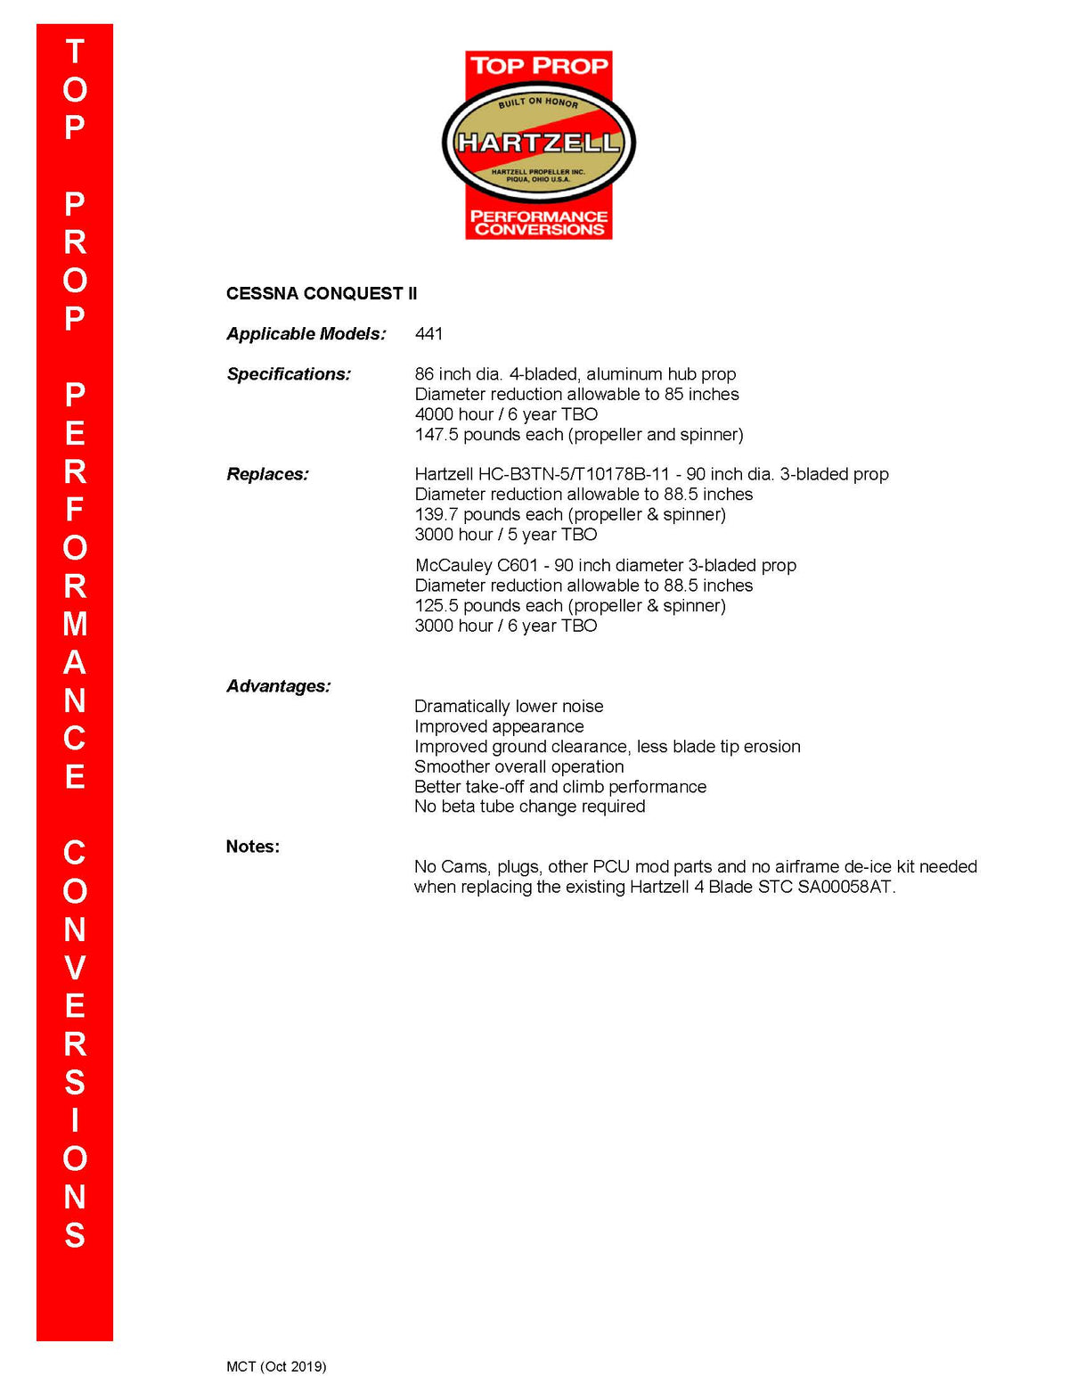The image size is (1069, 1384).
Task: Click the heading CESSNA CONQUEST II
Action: tap(322, 293)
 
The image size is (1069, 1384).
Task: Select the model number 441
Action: tap(428, 333)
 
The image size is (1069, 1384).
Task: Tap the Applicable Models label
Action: tap(306, 333)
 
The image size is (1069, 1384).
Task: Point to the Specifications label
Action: tap(289, 374)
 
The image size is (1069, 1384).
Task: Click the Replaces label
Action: tap(267, 474)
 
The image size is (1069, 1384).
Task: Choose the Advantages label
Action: tap(278, 686)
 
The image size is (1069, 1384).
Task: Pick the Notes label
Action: tap(252, 847)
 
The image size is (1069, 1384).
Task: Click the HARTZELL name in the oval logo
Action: tap(538, 143)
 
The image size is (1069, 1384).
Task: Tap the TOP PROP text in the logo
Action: tap(539, 65)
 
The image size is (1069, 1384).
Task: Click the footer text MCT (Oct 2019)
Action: tap(276, 1366)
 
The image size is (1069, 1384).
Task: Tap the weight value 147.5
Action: tap(437, 435)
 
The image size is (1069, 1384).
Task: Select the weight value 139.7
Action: tap(437, 514)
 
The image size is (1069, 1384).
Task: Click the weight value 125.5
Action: tap(437, 606)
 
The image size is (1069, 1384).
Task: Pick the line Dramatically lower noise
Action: tap(509, 706)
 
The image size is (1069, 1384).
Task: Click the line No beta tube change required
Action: tap(529, 807)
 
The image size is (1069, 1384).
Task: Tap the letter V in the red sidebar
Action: tap(75, 968)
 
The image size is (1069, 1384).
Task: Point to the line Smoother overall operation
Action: tap(518, 766)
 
